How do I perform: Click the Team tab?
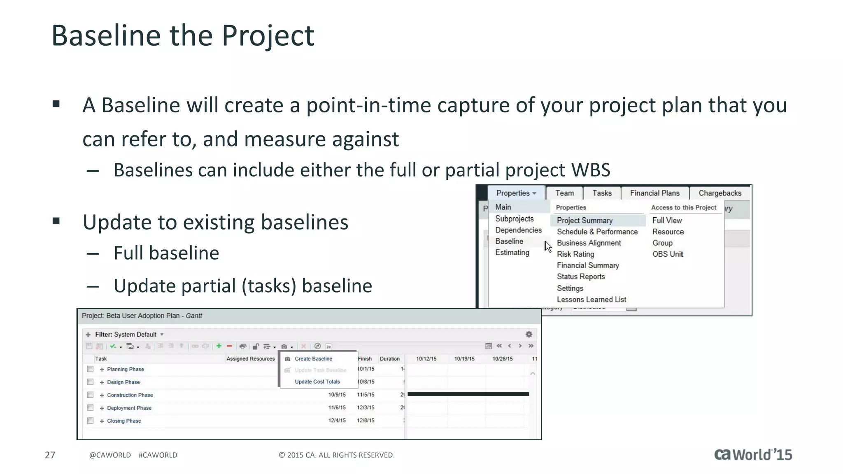564,193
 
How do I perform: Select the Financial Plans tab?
654,193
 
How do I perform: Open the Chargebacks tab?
720,193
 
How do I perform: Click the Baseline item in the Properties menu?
509,241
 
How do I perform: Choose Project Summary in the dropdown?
585,221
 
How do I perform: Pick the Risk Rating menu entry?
575,254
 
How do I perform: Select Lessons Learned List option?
591,300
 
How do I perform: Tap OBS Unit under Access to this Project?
667,254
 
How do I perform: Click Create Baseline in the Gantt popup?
313,359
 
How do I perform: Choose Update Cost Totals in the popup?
317,382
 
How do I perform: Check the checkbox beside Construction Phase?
90,395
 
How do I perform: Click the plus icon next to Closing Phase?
102,421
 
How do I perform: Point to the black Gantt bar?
468,394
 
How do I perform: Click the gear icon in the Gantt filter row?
529,335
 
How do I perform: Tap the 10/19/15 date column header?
464,359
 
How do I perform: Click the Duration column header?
389,359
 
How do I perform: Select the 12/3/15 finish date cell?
366,408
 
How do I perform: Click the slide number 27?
50,455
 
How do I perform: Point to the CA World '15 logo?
753,455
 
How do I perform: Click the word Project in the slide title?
268,36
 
